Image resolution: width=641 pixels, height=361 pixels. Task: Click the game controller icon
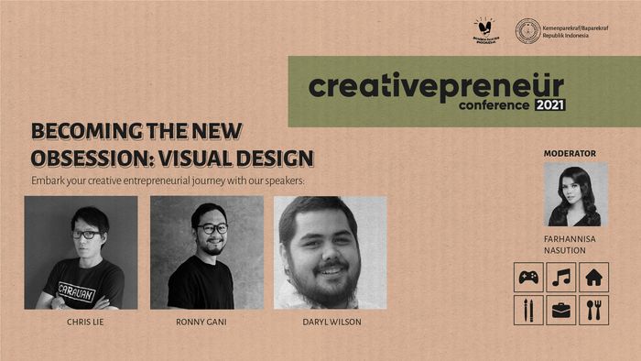point(528,277)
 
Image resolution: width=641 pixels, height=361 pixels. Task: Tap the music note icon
point(560,277)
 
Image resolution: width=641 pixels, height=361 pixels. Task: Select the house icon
point(592,277)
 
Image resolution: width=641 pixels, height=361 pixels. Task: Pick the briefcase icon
point(560,310)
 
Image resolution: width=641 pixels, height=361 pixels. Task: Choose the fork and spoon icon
point(592,310)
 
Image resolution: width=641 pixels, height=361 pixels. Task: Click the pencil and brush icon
point(528,310)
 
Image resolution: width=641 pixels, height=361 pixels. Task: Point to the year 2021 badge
point(549,104)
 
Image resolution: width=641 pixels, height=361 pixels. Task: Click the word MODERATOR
point(570,153)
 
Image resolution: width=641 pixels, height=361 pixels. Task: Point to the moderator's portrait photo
point(575,194)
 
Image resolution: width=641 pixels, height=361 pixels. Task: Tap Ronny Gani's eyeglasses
point(212,228)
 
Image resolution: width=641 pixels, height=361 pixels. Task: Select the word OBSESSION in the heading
point(80,158)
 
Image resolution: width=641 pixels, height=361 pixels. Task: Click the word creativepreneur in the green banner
point(436,85)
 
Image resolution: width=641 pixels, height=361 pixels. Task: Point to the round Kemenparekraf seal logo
point(527,31)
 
